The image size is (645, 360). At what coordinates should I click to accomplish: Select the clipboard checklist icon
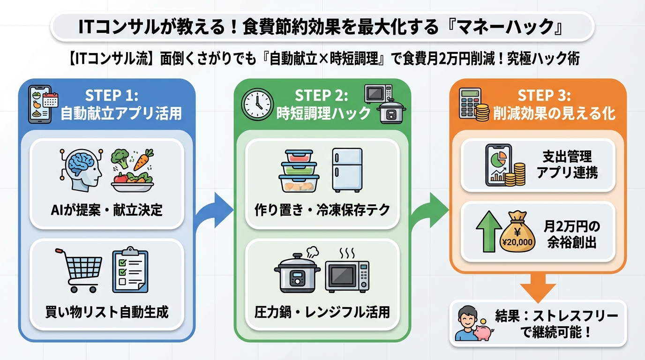(x=129, y=270)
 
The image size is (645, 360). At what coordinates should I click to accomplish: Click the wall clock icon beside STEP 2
(x=257, y=104)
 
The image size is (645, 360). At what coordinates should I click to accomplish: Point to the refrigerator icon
(x=347, y=170)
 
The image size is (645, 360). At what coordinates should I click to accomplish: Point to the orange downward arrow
(x=538, y=286)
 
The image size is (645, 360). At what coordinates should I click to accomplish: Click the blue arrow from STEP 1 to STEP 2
(x=213, y=209)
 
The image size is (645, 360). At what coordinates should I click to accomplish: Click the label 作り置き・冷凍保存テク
(x=322, y=210)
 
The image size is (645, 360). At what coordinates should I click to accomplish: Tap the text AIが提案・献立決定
(x=106, y=210)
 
